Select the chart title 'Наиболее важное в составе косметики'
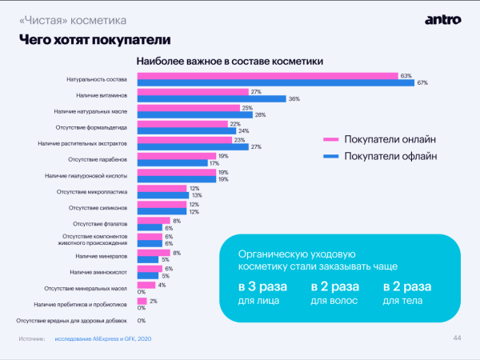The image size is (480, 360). (230, 61)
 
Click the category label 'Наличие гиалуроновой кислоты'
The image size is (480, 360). (90, 175)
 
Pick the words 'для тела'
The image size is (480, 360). (400, 301)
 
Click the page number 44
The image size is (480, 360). (457, 338)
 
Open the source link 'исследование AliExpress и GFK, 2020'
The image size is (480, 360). (104, 340)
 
